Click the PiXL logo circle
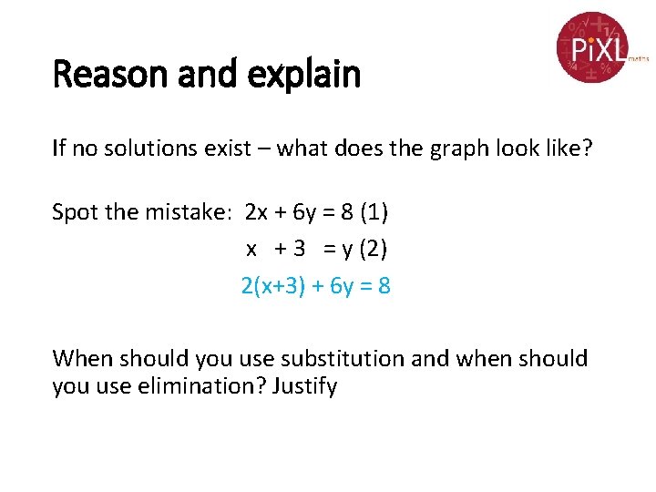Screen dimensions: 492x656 pyautogui.click(x=593, y=46)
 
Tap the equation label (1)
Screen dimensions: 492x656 pyautogui.click(x=374, y=212)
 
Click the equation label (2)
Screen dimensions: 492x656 pyautogui.click(x=374, y=248)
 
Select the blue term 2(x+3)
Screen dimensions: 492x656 pyautogui.click(x=271, y=286)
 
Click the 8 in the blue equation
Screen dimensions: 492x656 pyautogui.click(x=384, y=286)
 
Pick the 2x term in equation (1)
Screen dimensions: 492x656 pyautogui.click(x=257, y=212)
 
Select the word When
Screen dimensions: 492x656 pyautogui.click(x=83, y=359)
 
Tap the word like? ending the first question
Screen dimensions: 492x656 pyautogui.click(x=567, y=149)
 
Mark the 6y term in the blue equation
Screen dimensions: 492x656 pyautogui.click(x=341, y=286)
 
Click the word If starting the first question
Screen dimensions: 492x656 pyautogui.click(x=59, y=149)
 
